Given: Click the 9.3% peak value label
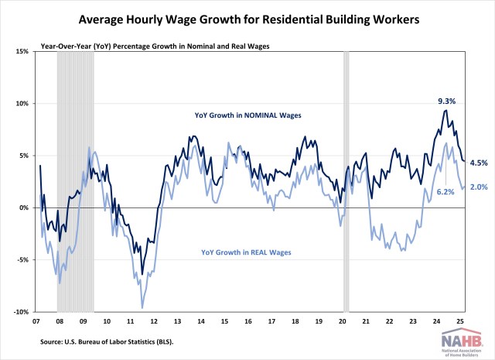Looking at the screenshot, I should pos(448,101).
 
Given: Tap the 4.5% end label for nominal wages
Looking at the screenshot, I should pos(479,163).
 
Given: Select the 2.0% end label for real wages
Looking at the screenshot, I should pos(479,187).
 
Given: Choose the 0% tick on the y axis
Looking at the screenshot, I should pos(23,207).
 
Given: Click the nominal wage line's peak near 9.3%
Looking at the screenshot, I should pos(445,111).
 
